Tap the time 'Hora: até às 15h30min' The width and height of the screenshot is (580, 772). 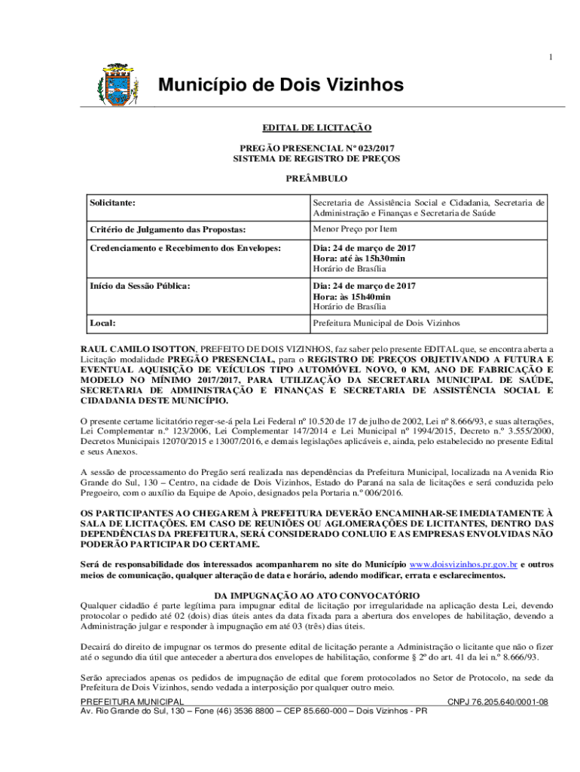pyautogui.click(x=359, y=259)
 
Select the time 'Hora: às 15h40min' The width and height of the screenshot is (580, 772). pyautogui.click(x=352, y=296)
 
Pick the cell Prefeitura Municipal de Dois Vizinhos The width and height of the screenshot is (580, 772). pyautogui.click(x=386, y=323)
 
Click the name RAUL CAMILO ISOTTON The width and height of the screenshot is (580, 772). pyautogui.click(x=139, y=349)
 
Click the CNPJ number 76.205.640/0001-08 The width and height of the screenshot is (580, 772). pyautogui.click(x=498, y=702)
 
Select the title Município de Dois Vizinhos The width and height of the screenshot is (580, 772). pyautogui.click(x=280, y=85)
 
